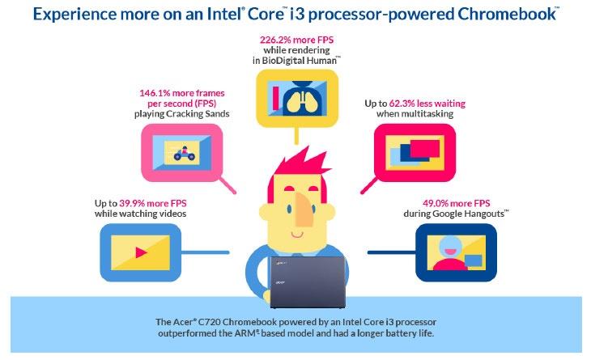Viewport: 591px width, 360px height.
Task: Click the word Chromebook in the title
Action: coord(506,14)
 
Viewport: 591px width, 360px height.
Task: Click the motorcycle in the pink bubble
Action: coord(184,153)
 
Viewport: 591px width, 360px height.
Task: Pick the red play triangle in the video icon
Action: coord(141,252)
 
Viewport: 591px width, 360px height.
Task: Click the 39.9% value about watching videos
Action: coord(131,203)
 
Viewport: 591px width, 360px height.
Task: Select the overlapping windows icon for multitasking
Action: coord(415,153)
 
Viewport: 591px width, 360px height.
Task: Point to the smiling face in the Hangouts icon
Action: coord(450,247)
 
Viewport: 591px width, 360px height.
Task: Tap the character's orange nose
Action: coord(304,210)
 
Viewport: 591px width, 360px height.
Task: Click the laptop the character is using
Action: coord(308,282)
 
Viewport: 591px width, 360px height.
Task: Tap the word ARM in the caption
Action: coord(246,333)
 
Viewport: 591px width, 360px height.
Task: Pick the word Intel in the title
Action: coord(225,14)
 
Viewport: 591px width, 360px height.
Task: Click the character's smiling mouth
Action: coord(297,235)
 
